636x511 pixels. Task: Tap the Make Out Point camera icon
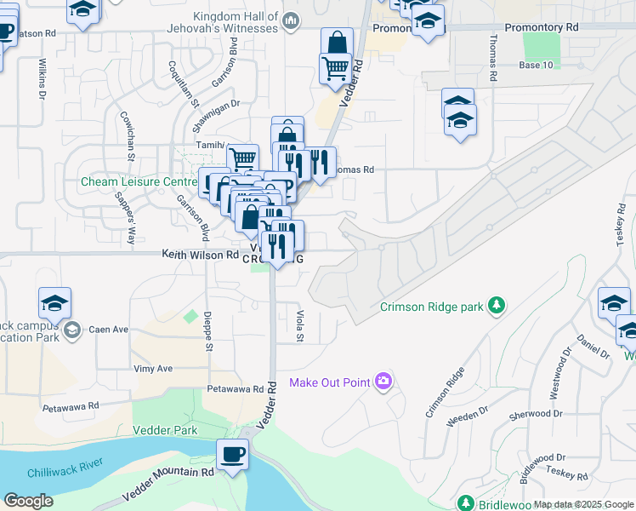[x=384, y=381]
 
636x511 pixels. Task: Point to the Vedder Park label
[x=165, y=431]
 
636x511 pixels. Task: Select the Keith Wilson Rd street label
[x=201, y=255]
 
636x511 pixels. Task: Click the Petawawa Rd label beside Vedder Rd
[x=236, y=388]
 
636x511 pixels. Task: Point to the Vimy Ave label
[x=153, y=369]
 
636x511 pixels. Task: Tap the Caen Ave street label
[x=109, y=329]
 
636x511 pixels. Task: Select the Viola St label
[x=299, y=326]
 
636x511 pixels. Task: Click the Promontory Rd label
[x=541, y=27]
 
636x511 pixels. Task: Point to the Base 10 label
[x=536, y=65]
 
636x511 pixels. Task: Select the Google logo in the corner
[x=28, y=501]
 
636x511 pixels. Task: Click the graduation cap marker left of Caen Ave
[x=55, y=304]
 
